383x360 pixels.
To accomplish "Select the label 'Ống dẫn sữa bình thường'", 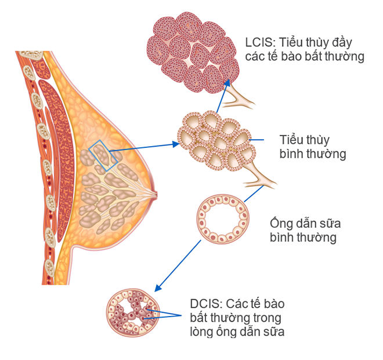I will click(x=303, y=230).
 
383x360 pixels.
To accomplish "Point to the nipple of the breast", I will click(x=154, y=194).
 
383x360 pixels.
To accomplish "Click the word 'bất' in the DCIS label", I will click(x=201, y=318).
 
